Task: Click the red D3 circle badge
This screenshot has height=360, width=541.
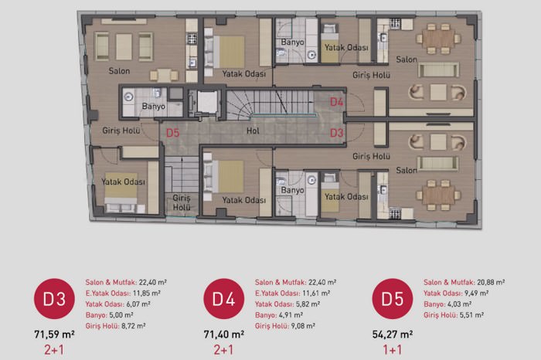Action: pyautogui.click(x=54, y=299)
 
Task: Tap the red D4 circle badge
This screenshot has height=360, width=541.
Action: pyautogui.click(x=224, y=299)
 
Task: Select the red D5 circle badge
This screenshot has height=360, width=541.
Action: pyautogui.click(x=393, y=299)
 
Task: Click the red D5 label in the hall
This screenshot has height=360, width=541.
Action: pyautogui.click(x=173, y=133)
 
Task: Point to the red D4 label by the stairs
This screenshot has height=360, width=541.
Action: pyautogui.click(x=336, y=102)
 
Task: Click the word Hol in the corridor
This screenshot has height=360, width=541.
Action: pyautogui.click(x=253, y=131)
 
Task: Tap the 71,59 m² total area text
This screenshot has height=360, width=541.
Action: pyautogui.click(x=55, y=335)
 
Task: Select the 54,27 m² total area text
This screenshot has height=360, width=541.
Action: pyautogui.click(x=393, y=335)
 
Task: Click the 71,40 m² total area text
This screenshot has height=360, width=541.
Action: pyautogui.click(x=224, y=335)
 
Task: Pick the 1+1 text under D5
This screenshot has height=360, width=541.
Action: pyautogui.click(x=393, y=350)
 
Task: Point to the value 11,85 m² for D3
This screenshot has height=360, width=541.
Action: pyautogui.click(x=147, y=294)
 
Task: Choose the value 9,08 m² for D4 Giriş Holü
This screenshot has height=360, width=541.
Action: pyautogui.click(x=303, y=326)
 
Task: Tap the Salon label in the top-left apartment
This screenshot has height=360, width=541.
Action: pyautogui.click(x=119, y=71)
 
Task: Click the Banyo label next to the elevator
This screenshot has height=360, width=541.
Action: pyautogui.click(x=154, y=106)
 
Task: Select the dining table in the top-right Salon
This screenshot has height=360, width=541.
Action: pyautogui.click(x=438, y=39)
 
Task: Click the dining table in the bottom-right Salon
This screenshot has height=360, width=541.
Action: pyautogui.click(x=438, y=195)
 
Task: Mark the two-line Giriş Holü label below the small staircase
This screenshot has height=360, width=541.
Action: pyautogui.click(x=182, y=202)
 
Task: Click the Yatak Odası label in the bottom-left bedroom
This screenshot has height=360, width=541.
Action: pyautogui.click(x=123, y=182)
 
